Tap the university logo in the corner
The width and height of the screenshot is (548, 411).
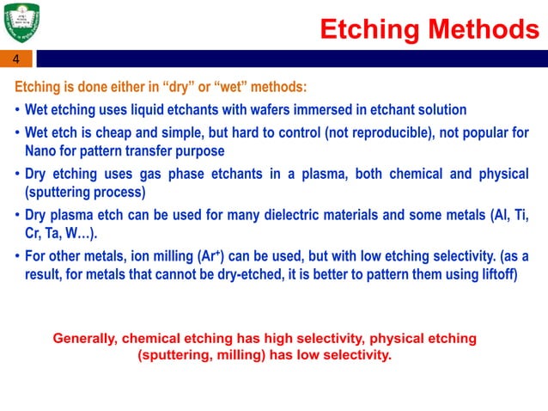(x=24, y=23)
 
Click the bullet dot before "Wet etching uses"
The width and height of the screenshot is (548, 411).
(x=18, y=111)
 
